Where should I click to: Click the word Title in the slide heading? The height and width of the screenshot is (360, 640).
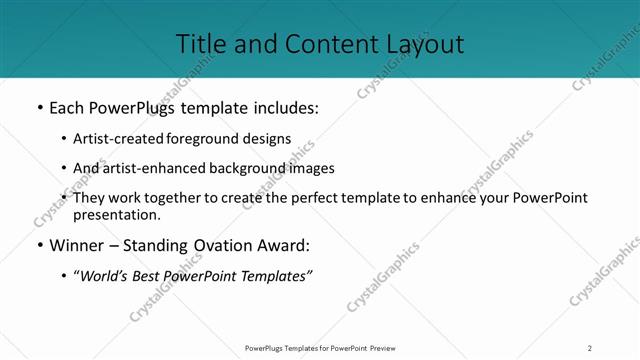pyautogui.click(x=201, y=44)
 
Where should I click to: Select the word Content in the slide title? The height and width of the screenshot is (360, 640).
pyautogui.click(x=320, y=44)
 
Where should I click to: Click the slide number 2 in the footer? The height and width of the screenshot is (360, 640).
pyautogui.click(x=590, y=348)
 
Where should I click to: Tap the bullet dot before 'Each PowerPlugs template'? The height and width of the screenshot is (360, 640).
pyautogui.click(x=40, y=107)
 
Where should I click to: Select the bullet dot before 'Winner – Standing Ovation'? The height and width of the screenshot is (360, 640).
pyautogui.click(x=40, y=245)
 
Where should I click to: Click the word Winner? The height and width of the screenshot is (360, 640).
pyautogui.click(x=77, y=245)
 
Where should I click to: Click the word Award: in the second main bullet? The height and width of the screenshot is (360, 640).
pyautogui.click(x=283, y=245)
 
